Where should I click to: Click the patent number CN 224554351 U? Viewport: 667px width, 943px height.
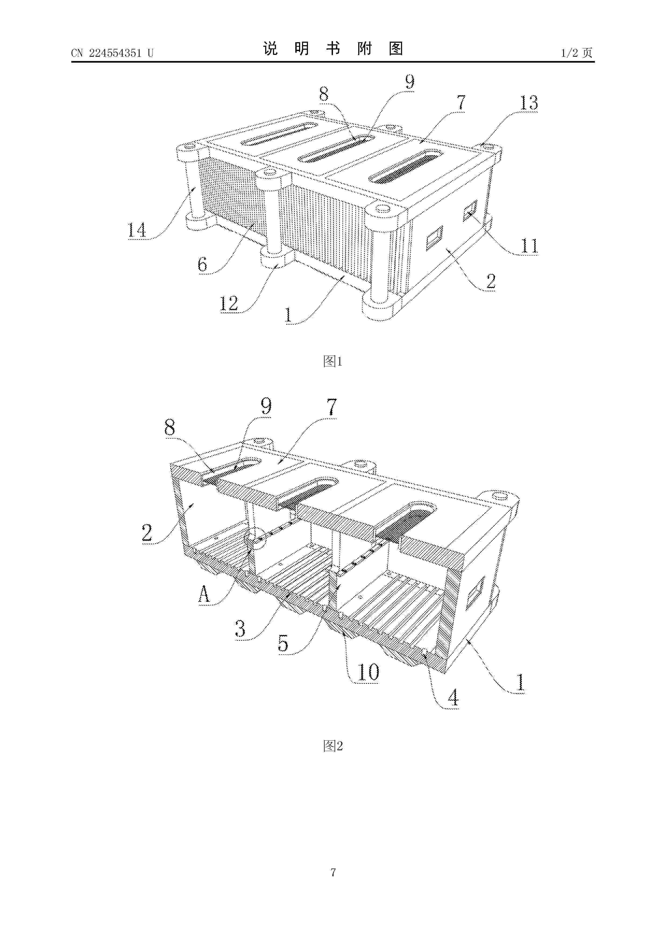(112, 53)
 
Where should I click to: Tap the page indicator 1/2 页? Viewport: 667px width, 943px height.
(577, 53)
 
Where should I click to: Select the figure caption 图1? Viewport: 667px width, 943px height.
(333, 362)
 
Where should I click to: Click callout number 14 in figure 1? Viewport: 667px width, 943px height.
(137, 230)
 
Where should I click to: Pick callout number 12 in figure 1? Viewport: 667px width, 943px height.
(229, 303)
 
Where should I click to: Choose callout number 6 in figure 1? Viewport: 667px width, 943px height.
(202, 264)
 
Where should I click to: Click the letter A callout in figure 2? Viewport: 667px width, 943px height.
(204, 594)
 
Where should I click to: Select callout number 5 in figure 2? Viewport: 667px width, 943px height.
(283, 643)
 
